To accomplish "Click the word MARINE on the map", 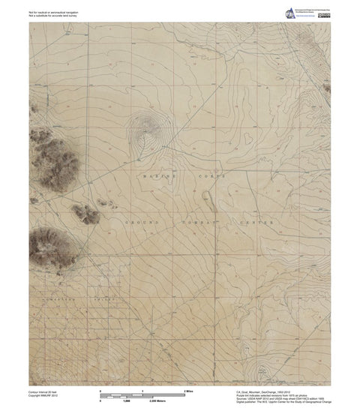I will tap(155, 174).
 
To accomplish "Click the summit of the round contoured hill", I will tap(145, 132).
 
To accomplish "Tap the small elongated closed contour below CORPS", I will tap(206, 198).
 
